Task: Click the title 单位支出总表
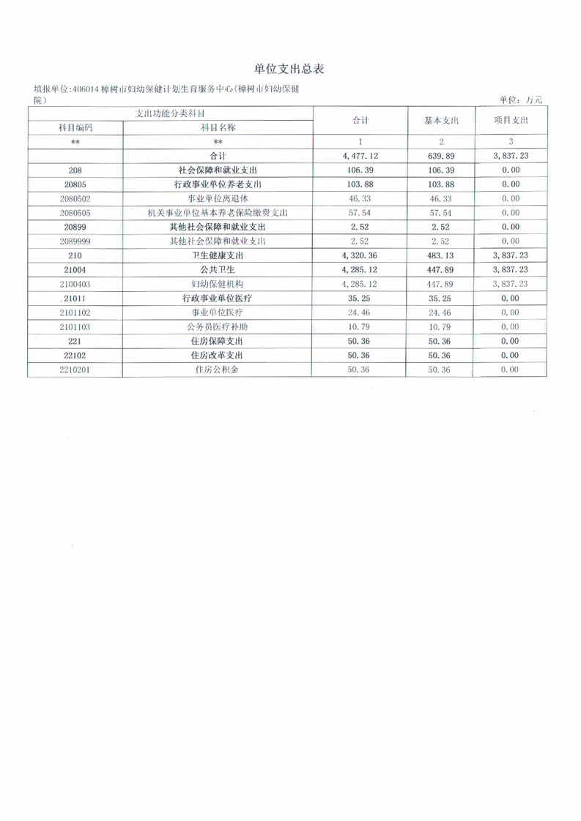289,69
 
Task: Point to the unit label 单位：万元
521,100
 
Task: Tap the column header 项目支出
511,120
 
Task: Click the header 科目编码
75,127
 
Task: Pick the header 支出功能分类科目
170,113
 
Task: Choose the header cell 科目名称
218,127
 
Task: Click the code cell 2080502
75,198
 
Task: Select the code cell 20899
75,227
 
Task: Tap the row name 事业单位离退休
218,198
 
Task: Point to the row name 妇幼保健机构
218,284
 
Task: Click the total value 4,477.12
359,155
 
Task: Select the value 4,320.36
359,255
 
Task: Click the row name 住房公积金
218,370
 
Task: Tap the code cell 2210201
75,370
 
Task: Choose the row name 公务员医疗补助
218,326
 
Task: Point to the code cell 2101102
75,312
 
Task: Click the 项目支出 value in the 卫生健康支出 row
511,255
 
